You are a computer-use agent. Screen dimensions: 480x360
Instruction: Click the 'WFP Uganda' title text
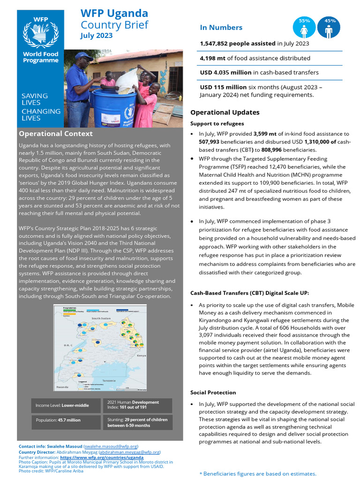pyautogui.click(x=114, y=13)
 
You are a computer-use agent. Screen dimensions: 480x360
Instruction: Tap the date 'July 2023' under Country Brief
pyautogui.click(x=97, y=36)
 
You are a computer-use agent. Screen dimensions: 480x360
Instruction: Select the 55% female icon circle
pyautogui.click(x=304, y=28)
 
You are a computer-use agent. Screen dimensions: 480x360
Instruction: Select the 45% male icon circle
pyautogui.click(x=329, y=28)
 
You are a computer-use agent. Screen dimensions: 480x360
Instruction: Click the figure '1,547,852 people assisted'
pyautogui.click(x=238, y=44)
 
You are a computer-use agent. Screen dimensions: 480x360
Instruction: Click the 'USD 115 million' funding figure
pyautogui.click(x=223, y=87)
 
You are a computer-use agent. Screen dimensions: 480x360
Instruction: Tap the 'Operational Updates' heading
pyautogui.click(x=225, y=112)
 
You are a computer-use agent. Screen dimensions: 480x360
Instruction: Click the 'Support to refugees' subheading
pyautogui.click(x=217, y=123)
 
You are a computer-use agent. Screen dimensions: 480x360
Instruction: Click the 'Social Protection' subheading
pyautogui.click(x=213, y=392)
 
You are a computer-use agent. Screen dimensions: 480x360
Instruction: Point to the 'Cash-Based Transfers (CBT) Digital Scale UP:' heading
pyautogui.click(x=249, y=293)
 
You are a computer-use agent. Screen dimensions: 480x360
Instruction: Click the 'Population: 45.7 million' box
pyautogui.click(x=66, y=420)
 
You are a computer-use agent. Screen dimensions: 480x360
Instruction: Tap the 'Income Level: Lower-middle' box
pyautogui.click(x=66, y=405)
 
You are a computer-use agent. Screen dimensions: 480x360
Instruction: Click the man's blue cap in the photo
pyautogui.click(x=83, y=56)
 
